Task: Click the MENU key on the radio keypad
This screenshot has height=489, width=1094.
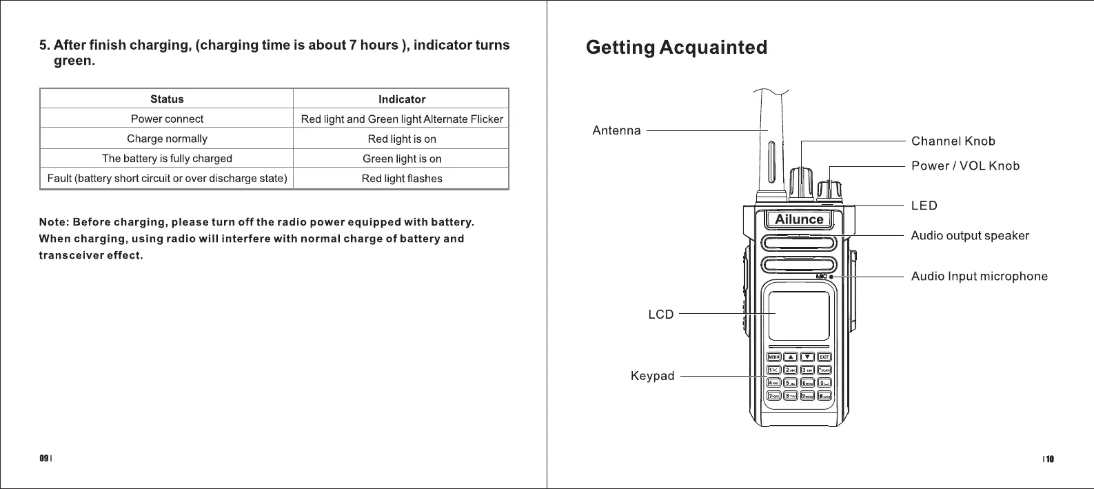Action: pos(773,357)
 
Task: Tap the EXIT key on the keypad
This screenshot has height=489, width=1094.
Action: pos(824,357)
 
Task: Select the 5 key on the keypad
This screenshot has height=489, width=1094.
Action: pos(790,383)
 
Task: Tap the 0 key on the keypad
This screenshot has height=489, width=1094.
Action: pos(824,383)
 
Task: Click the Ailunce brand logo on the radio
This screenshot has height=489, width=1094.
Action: pos(799,219)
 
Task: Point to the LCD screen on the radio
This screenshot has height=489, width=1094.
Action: pos(799,315)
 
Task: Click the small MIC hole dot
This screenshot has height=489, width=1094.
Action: pos(831,277)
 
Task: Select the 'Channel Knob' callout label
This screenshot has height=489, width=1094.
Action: pos(953,141)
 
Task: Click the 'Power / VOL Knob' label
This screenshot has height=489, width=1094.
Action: pos(965,166)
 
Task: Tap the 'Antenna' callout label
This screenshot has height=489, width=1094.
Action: pos(616,130)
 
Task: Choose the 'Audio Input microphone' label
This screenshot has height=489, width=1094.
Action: pos(979,277)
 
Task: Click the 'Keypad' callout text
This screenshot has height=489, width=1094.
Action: pos(652,376)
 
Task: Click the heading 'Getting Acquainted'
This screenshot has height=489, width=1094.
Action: pos(676,48)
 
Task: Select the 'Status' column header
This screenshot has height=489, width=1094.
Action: pos(167,99)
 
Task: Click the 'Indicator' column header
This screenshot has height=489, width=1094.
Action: pos(402,99)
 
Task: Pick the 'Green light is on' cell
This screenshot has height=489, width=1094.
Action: pos(402,159)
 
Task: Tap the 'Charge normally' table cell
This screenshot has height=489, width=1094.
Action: pos(167,139)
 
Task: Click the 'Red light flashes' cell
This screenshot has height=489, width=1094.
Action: pos(402,179)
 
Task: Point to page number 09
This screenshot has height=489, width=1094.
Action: pos(43,459)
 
